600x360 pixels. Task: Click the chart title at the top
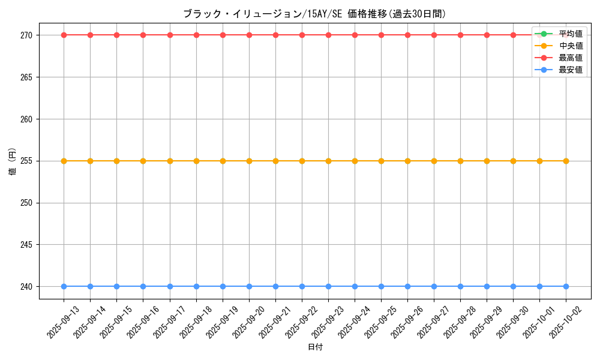314,14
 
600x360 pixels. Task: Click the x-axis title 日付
315,347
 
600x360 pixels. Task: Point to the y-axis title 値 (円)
12,161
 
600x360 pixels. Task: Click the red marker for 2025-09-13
64,35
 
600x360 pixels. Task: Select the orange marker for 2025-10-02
566,161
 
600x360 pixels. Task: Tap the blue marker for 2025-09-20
249,286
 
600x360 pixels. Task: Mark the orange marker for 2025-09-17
170,161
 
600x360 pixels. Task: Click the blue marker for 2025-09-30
513,286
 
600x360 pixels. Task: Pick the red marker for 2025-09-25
381,35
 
